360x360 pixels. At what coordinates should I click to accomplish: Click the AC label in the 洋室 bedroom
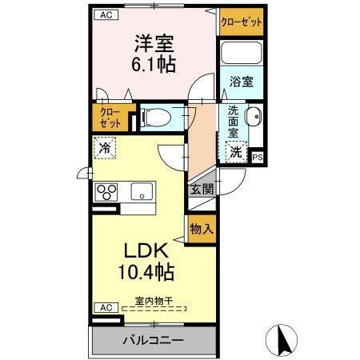(106, 15)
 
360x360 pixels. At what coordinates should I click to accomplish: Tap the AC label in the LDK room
(106, 308)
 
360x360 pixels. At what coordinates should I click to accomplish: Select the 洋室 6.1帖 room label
(154, 54)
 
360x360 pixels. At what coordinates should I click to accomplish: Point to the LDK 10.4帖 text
(146, 262)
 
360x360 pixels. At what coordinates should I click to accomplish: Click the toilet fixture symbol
(157, 118)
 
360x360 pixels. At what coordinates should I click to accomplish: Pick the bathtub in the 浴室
(242, 53)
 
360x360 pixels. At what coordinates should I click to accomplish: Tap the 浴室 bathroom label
(242, 82)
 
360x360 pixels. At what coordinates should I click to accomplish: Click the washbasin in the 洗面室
(254, 117)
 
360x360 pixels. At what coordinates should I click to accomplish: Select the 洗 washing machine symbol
(236, 152)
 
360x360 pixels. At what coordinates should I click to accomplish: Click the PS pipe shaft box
(258, 158)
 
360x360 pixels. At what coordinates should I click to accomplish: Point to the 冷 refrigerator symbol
(105, 148)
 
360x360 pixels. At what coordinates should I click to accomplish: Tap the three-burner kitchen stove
(106, 192)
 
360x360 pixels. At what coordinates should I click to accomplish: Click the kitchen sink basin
(142, 191)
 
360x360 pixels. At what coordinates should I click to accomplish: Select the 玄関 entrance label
(202, 190)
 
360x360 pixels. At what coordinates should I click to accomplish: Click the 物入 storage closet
(202, 229)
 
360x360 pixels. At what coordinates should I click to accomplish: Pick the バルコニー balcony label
(154, 340)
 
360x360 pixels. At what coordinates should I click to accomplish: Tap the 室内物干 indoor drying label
(154, 302)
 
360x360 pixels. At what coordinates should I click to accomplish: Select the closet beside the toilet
(110, 118)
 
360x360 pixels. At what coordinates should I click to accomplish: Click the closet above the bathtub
(242, 22)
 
